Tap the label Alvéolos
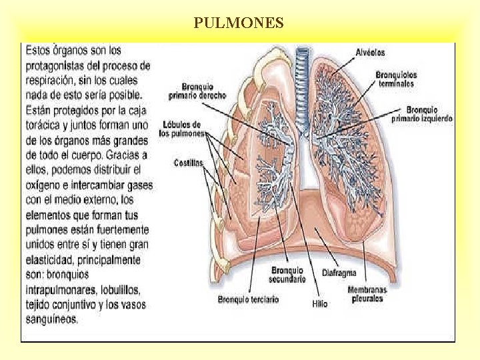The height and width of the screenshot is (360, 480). point(370,51)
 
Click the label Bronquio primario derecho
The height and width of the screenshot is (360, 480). point(203,90)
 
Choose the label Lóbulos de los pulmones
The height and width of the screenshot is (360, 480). point(181,129)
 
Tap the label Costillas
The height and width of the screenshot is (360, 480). point(188,163)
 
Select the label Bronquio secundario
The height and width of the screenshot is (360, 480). point(288,275)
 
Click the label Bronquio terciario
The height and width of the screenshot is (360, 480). point(248,299)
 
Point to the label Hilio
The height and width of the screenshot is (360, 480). point(319,303)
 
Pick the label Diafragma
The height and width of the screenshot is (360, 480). point(339,273)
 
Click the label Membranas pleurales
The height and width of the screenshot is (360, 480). point(366,294)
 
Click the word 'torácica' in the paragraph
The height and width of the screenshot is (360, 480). point(44,124)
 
